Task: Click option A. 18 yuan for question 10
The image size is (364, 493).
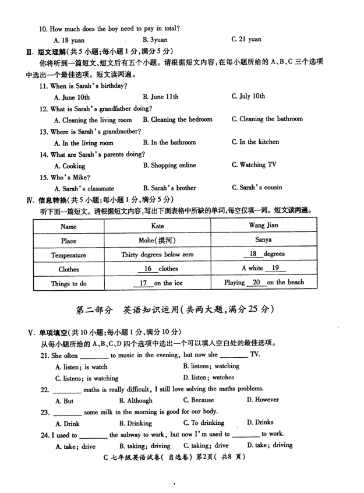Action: (69, 40)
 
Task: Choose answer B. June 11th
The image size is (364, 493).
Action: (160, 97)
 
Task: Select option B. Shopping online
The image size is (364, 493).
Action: (169, 165)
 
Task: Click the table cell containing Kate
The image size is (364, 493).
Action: (157, 226)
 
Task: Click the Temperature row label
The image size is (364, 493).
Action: (68, 255)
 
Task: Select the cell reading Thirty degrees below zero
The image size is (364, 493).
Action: (157, 255)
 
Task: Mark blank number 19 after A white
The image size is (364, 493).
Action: (275, 268)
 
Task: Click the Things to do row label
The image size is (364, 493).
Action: (68, 283)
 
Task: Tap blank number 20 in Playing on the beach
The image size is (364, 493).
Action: (256, 282)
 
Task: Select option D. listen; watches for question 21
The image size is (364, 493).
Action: (208, 378)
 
